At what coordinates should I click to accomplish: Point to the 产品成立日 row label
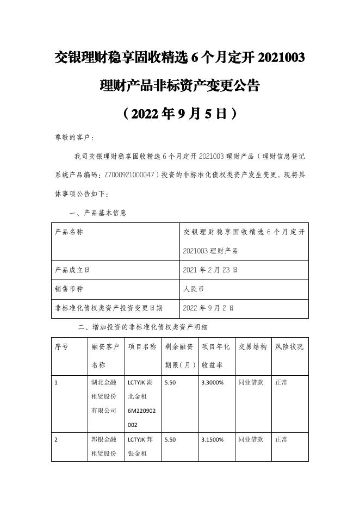pos(72,269)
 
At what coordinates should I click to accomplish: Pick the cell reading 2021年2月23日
pos(210,269)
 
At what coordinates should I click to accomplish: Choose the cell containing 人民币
pos(194,288)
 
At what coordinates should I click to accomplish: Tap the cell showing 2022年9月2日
pos(209,307)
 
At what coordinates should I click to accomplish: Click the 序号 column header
pos(61,346)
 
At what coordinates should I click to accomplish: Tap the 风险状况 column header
pos(289,346)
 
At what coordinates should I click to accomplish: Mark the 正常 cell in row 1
pos(282,382)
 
